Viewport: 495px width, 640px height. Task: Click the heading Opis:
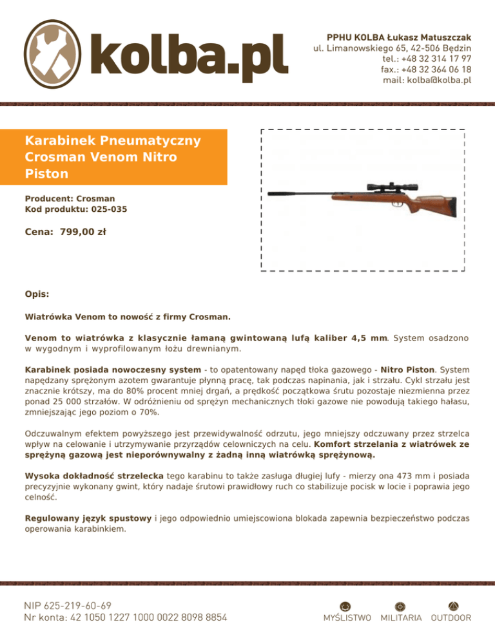click(x=37, y=294)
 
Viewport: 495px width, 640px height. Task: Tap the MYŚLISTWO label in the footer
click(x=346, y=618)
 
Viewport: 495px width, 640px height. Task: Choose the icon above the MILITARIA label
click(x=400, y=606)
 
